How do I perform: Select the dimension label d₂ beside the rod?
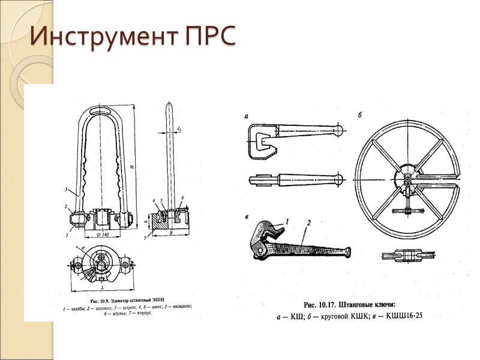pyautogui.click(x=180, y=128)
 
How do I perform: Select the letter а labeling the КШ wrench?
pyautogui.click(x=246, y=116)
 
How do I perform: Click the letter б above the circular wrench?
pyautogui.click(x=359, y=115)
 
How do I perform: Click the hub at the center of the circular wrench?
pyautogui.click(x=407, y=179)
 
